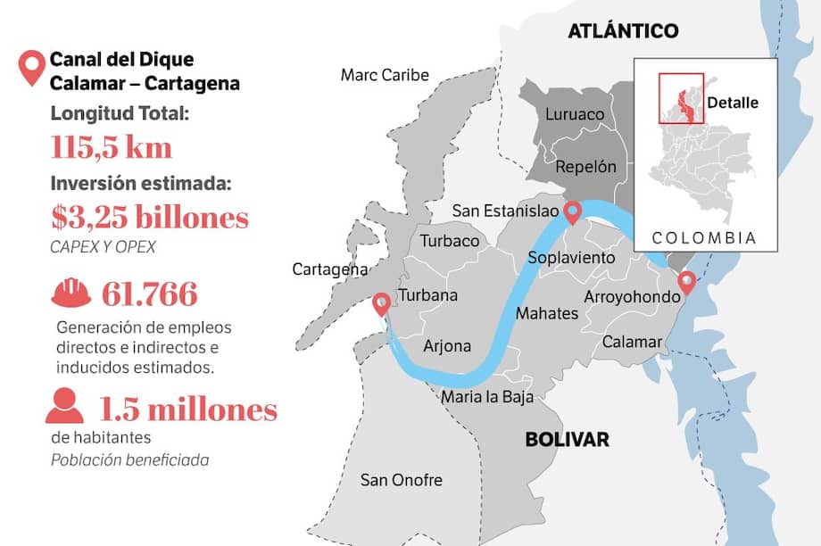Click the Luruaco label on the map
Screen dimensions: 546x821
(574, 114)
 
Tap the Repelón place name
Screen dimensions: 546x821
(585, 167)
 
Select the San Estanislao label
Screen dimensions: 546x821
(505, 211)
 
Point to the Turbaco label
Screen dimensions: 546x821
(450, 241)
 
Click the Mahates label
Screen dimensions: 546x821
(547, 314)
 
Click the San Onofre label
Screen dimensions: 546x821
(401, 480)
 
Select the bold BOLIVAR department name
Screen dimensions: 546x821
(567, 439)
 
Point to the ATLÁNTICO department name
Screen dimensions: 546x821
(623, 31)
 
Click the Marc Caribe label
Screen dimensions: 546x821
(385, 75)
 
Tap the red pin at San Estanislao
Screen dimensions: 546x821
(572, 211)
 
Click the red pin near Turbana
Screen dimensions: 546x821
(381, 304)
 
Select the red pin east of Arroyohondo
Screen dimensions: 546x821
(686, 283)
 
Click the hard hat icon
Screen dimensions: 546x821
(70, 293)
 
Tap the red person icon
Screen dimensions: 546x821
(65, 406)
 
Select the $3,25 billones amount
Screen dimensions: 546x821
(150, 217)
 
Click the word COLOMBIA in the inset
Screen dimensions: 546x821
(704, 238)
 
